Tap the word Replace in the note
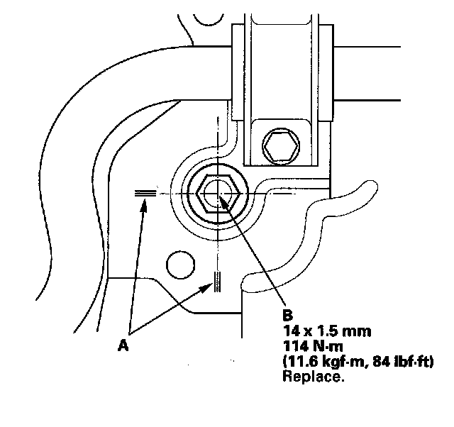(313, 377)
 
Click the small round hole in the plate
(179, 265)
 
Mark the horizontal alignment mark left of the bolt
(145, 192)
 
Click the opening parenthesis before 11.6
(285, 362)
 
